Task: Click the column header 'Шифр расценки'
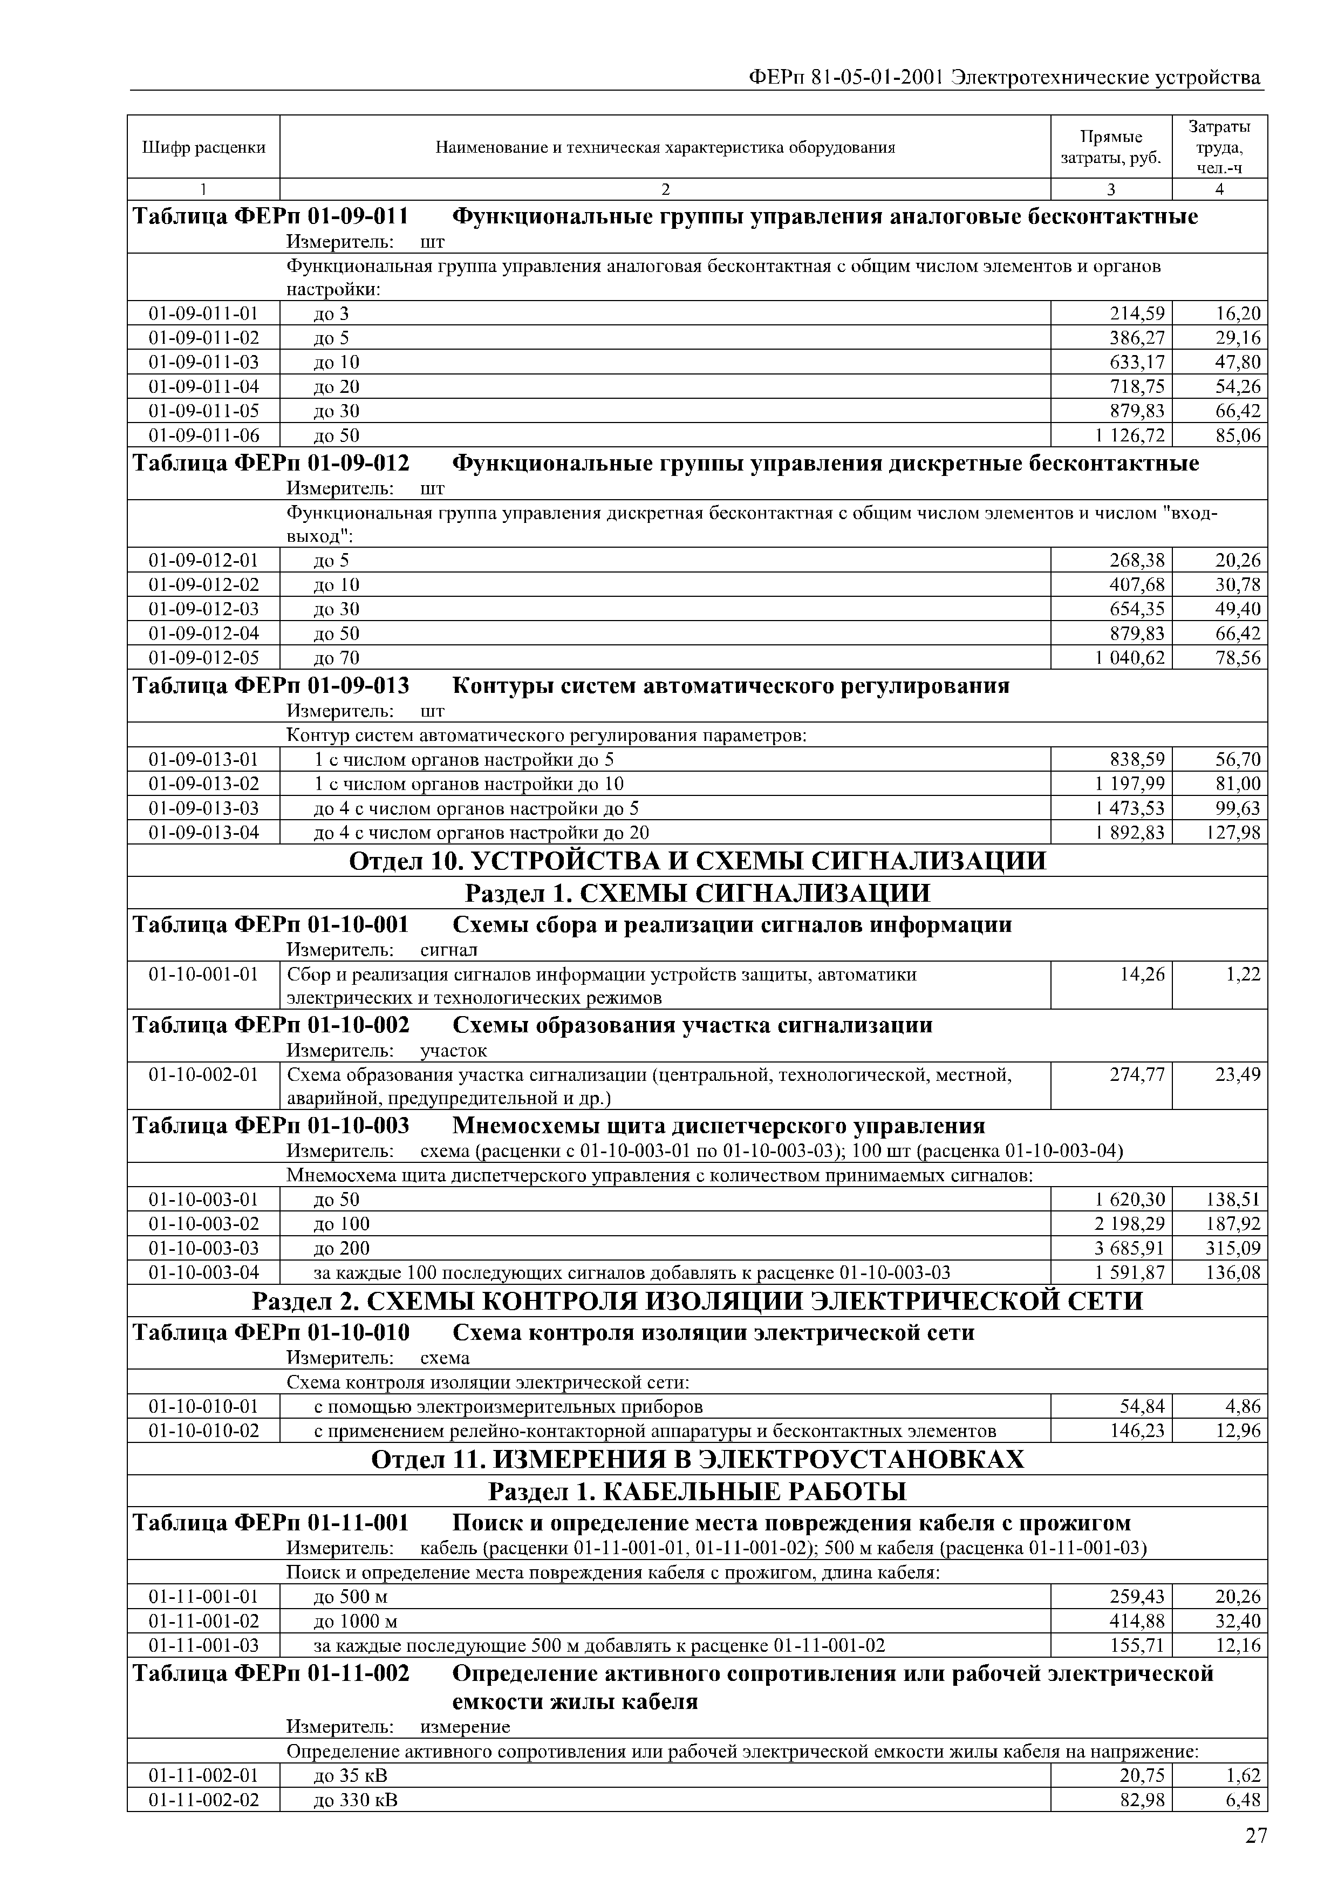[x=203, y=147]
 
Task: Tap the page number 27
[x=1255, y=1835]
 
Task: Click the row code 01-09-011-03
[x=203, y=362]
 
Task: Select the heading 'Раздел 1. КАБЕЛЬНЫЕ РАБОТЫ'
[x=698, y=1492]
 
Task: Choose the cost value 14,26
[x=1143, y=975]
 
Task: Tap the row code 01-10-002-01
[x=203, y=1075]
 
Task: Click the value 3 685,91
[x=1130, y=1248]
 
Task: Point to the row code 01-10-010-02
[x=203, y=1431]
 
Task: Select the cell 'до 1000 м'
[x=356, y=1622]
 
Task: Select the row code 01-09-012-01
[x=203, y=561]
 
